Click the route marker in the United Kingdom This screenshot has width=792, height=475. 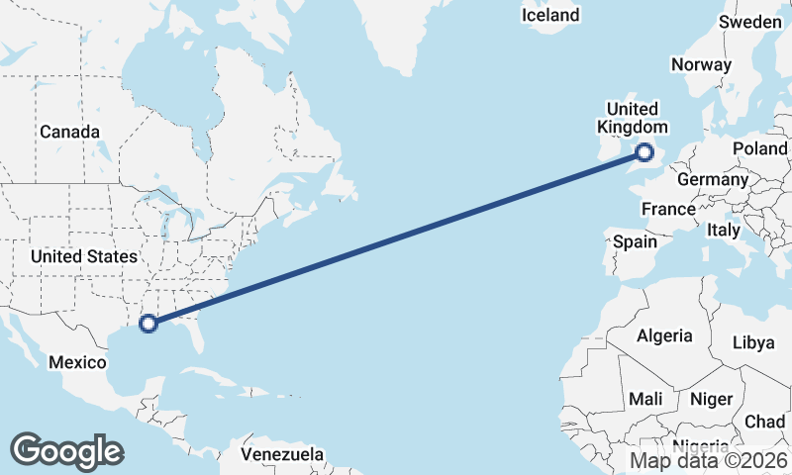click(644, 152)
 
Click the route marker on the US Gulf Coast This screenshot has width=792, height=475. click(148, 323)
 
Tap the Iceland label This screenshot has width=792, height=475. click(550, 15)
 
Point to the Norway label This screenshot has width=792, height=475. click(701, 65)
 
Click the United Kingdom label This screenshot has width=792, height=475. click(632, 118)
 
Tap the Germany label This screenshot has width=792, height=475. click(713, 180)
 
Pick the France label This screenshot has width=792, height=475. click(668, 209)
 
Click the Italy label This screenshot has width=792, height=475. click(724, 230)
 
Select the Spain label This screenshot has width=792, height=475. click(635, 241)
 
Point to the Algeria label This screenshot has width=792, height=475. click(664, 335)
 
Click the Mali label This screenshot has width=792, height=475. click(645, 399)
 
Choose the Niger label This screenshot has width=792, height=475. click(711, 399)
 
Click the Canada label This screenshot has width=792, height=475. click(69, 132)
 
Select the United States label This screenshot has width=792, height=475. click(83, 256)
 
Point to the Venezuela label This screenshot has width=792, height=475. click(283, 454)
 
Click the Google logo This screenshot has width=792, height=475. click(66, 451)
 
